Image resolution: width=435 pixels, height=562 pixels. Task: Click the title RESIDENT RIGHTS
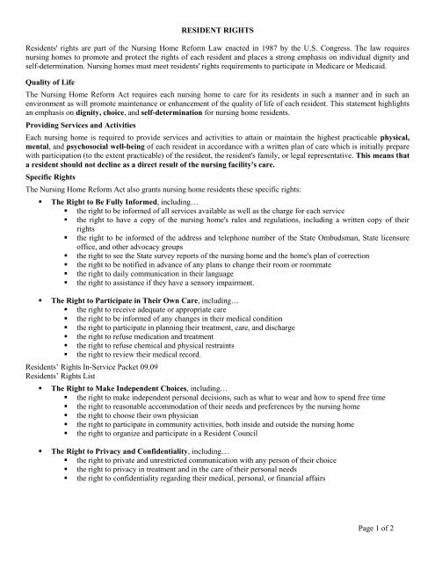click(217, 29)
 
